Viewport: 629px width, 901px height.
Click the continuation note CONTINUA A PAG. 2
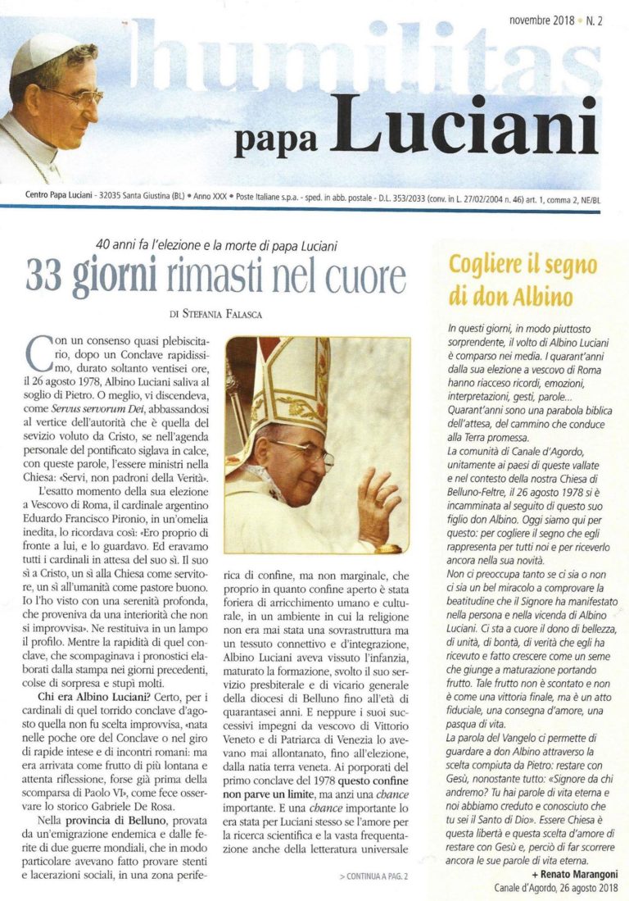click(373, 876)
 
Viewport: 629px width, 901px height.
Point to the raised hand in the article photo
click(378, 502)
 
